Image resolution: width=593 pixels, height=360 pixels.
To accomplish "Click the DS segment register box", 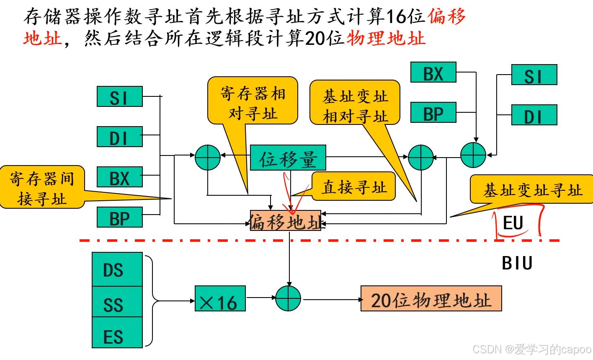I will [x=117, y=269].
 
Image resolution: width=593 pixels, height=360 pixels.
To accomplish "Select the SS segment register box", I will [x=117, y=302].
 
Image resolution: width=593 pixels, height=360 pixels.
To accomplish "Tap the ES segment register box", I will [x=117, y=333].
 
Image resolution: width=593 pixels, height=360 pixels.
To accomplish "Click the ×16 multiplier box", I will [x=220, y=299].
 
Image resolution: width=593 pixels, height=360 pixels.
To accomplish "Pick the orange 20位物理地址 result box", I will [x=431, y=299].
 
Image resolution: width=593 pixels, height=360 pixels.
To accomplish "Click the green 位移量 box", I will [x=288, y=158].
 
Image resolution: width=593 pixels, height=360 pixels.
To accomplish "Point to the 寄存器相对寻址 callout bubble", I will [x=253, y=101].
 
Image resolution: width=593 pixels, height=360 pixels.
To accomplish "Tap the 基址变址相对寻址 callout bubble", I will [x=355, y=103].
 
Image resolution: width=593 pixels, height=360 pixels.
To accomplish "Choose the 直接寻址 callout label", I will [x=354, y=186].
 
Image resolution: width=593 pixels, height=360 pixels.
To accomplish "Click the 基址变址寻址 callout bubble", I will [x=532, y=189].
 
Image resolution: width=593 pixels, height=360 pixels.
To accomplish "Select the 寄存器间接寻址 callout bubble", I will [x=42, y=187].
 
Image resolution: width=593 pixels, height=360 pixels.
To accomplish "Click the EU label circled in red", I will [x=513, y=223].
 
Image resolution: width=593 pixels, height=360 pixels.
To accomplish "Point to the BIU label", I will [x=517, y=263].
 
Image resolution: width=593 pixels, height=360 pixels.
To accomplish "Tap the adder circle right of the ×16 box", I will [x=288, y=299].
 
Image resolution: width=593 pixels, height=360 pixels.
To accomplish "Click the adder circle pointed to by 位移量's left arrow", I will [x=208, y=158].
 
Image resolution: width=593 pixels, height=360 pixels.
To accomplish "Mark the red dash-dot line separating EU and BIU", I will [x=318, y=241].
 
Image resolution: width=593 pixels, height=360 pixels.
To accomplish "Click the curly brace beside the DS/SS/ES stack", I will [x=150, y=300].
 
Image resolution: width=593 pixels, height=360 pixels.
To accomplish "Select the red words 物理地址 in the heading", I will [x=386, y=38].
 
